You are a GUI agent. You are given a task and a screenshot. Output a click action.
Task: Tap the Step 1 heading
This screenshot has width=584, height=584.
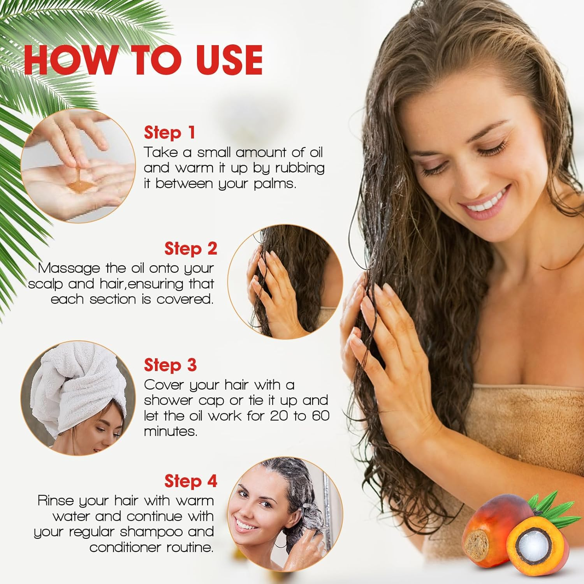click(x=169, y=133)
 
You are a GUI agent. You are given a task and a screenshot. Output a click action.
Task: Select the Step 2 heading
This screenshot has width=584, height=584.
click(x=191, y=249)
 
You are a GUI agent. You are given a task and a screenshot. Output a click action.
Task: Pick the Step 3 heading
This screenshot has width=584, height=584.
click(x=170, y=365)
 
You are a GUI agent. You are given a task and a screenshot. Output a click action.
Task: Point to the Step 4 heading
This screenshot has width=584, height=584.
click(x=191, y=481)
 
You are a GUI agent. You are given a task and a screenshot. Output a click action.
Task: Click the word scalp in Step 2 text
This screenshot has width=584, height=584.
click(x=45, y=284)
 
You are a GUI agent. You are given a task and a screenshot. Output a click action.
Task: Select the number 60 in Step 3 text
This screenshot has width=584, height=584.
click(x=320, y=416)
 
